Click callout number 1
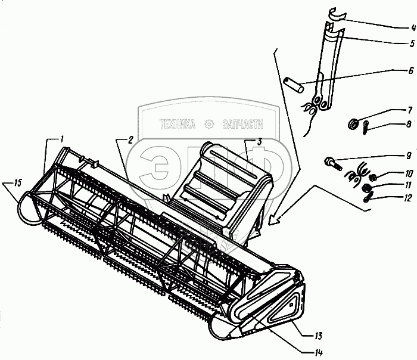coord(61,139)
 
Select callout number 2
coord(130,140)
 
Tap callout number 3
coord(259,141)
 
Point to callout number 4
coord(413,27)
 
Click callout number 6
coord(411,70)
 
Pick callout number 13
coord(318,336)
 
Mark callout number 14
coord(318,353)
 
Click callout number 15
coord(17,184)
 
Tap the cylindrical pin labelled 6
coord(294,85)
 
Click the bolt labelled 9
coord(332,164)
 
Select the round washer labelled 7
coord(353,124)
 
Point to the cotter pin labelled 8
coord(366,128)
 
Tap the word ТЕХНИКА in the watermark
coord(177,124)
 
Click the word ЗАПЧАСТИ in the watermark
coord(243,124)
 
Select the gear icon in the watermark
coord(209,124)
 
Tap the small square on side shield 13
coord(291,305)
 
